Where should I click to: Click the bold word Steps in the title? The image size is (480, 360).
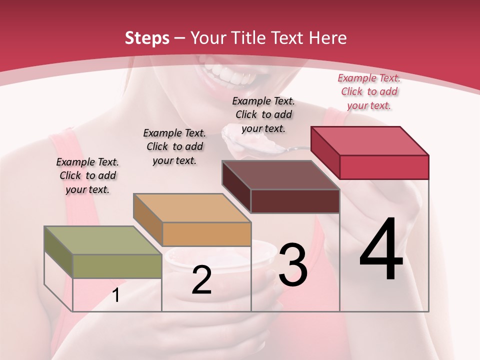pos(147,38)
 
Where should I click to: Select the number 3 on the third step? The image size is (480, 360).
pos(292,265)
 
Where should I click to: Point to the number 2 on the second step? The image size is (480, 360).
pos(201,280)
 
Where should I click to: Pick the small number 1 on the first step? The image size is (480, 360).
pos(115,295)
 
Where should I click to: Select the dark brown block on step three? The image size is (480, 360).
pos(280,175)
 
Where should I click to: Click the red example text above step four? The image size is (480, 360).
pos(369,91)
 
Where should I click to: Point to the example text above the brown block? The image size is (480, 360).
pos(263,114)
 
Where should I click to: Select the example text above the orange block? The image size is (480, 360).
pos(174,146)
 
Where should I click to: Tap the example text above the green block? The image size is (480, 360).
pos(87,175)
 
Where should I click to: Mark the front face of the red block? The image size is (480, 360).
pos(384,167)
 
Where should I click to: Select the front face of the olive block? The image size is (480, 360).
pos(117,266)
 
